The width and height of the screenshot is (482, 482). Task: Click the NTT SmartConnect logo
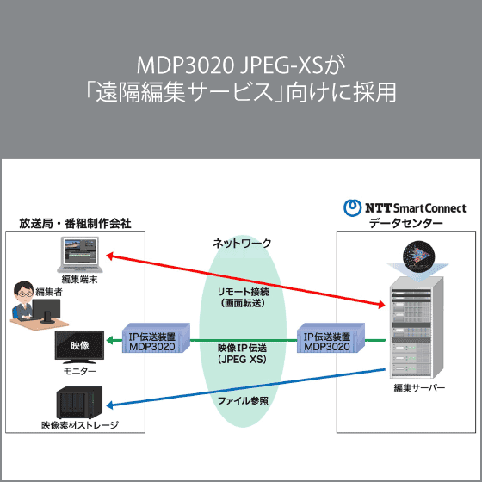point(405,207)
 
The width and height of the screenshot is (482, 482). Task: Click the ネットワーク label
point(242,244)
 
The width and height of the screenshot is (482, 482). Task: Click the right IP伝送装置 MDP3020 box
point(326,341)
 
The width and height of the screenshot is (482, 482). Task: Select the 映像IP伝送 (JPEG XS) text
point(242,353)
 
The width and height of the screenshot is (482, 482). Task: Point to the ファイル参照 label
point(242,401)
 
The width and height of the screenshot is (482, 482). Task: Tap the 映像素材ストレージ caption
point(79,425)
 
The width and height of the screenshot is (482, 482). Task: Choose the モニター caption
point(79,371)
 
